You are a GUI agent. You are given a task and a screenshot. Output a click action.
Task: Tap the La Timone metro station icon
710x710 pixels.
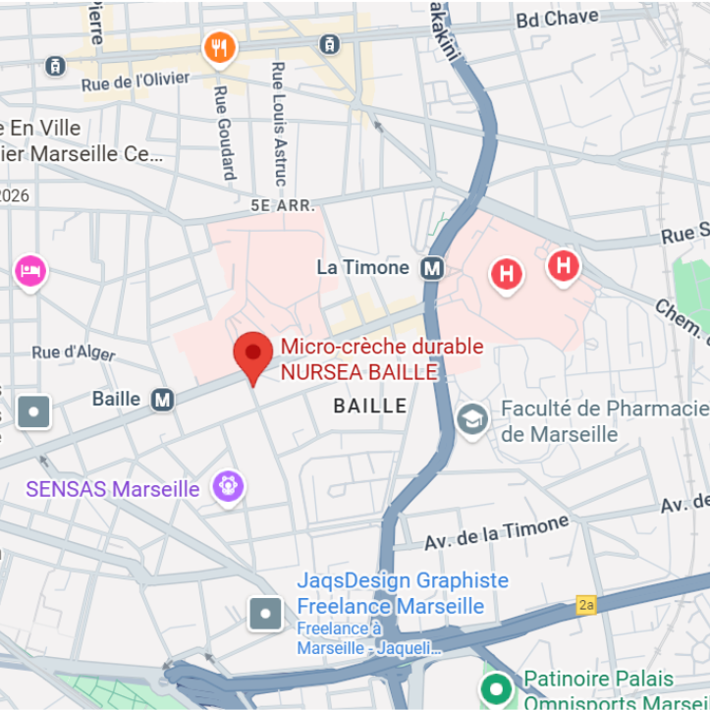click(x=431, y=268)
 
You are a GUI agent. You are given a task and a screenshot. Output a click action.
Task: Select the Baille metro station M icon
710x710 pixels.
click(x=162, y=399)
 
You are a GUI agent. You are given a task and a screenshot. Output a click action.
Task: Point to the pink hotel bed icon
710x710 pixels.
click(x=30, y=270)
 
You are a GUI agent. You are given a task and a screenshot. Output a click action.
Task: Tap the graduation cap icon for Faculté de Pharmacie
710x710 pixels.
click(x=473, y=420)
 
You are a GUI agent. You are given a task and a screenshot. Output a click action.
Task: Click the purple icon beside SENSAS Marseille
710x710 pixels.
click(x=229, y=486)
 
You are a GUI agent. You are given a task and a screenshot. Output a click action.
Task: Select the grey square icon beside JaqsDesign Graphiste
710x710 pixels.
click(x=266, y=615)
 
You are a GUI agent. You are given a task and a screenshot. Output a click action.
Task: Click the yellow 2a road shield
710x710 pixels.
click(x=586, y=605)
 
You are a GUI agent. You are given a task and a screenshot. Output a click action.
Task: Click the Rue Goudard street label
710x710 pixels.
click(x=224, y=134)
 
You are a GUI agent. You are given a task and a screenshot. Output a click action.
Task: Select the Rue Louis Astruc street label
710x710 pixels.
click(x=280, y=125)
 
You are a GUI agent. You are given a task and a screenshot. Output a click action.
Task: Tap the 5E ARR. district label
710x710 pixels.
click(x=283, y=206)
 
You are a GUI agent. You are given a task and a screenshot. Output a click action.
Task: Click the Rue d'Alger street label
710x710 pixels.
click(x=75, y=352)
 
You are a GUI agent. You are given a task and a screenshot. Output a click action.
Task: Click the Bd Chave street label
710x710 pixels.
click(x=557, y=19)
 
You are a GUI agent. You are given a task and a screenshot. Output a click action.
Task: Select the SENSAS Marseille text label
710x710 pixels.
click(x=113, y=489)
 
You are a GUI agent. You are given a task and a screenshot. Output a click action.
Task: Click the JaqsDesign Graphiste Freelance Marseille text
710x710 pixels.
click(x=402, y=593)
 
